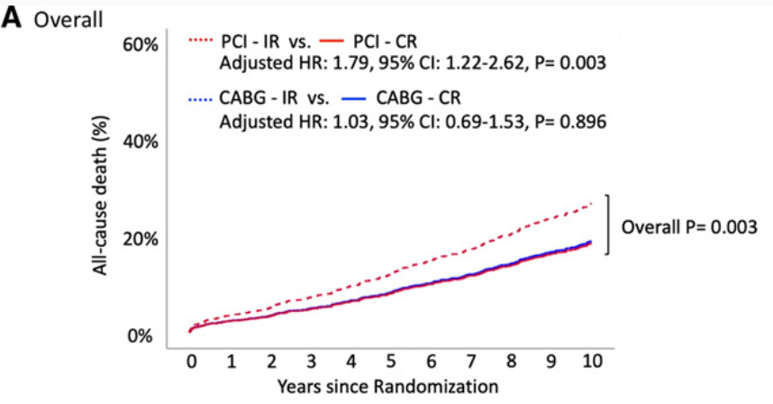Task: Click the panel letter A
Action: pyautogui.click(x=12, y=18)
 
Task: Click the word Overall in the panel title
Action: pyautogui.click(x=68, y=20)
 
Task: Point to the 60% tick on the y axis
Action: pyautogui.click(x=141, y=45)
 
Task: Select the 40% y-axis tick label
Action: pyautogui.click(x=141, y=142)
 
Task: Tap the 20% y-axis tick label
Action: pyautogui.click(x=141, y=239)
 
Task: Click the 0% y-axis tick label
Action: pyautogui.click(x=140, y=336)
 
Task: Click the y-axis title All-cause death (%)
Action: pyautogui.click(x=101, y=196)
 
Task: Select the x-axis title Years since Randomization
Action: pyautogui.click(x=388, y=386)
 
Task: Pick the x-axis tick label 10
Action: pyautogui.click(x=593, y=362)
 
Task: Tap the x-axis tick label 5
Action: pyautogui.click(x=390, y=362)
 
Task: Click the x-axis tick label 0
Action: pyautogui.click(x=191, y=362)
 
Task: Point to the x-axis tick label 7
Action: pyautogui.click(x=471, y=362)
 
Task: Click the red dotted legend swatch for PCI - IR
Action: pyautogui.click(x=200, y=41)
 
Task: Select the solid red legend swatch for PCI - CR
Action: pyautogui.click(x=332, y=41)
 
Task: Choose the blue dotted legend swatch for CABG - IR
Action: pyautogui.click(x=200, y=99)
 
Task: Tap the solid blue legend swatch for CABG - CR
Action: pyautogui.click(x=353, y=99)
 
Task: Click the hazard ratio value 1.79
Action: pyautogui.click(x=351, y=63)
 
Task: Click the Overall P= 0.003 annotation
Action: pyautogui.click(x=688, y=227)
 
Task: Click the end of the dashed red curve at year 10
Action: pyautogui.click(x=591, y=203)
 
